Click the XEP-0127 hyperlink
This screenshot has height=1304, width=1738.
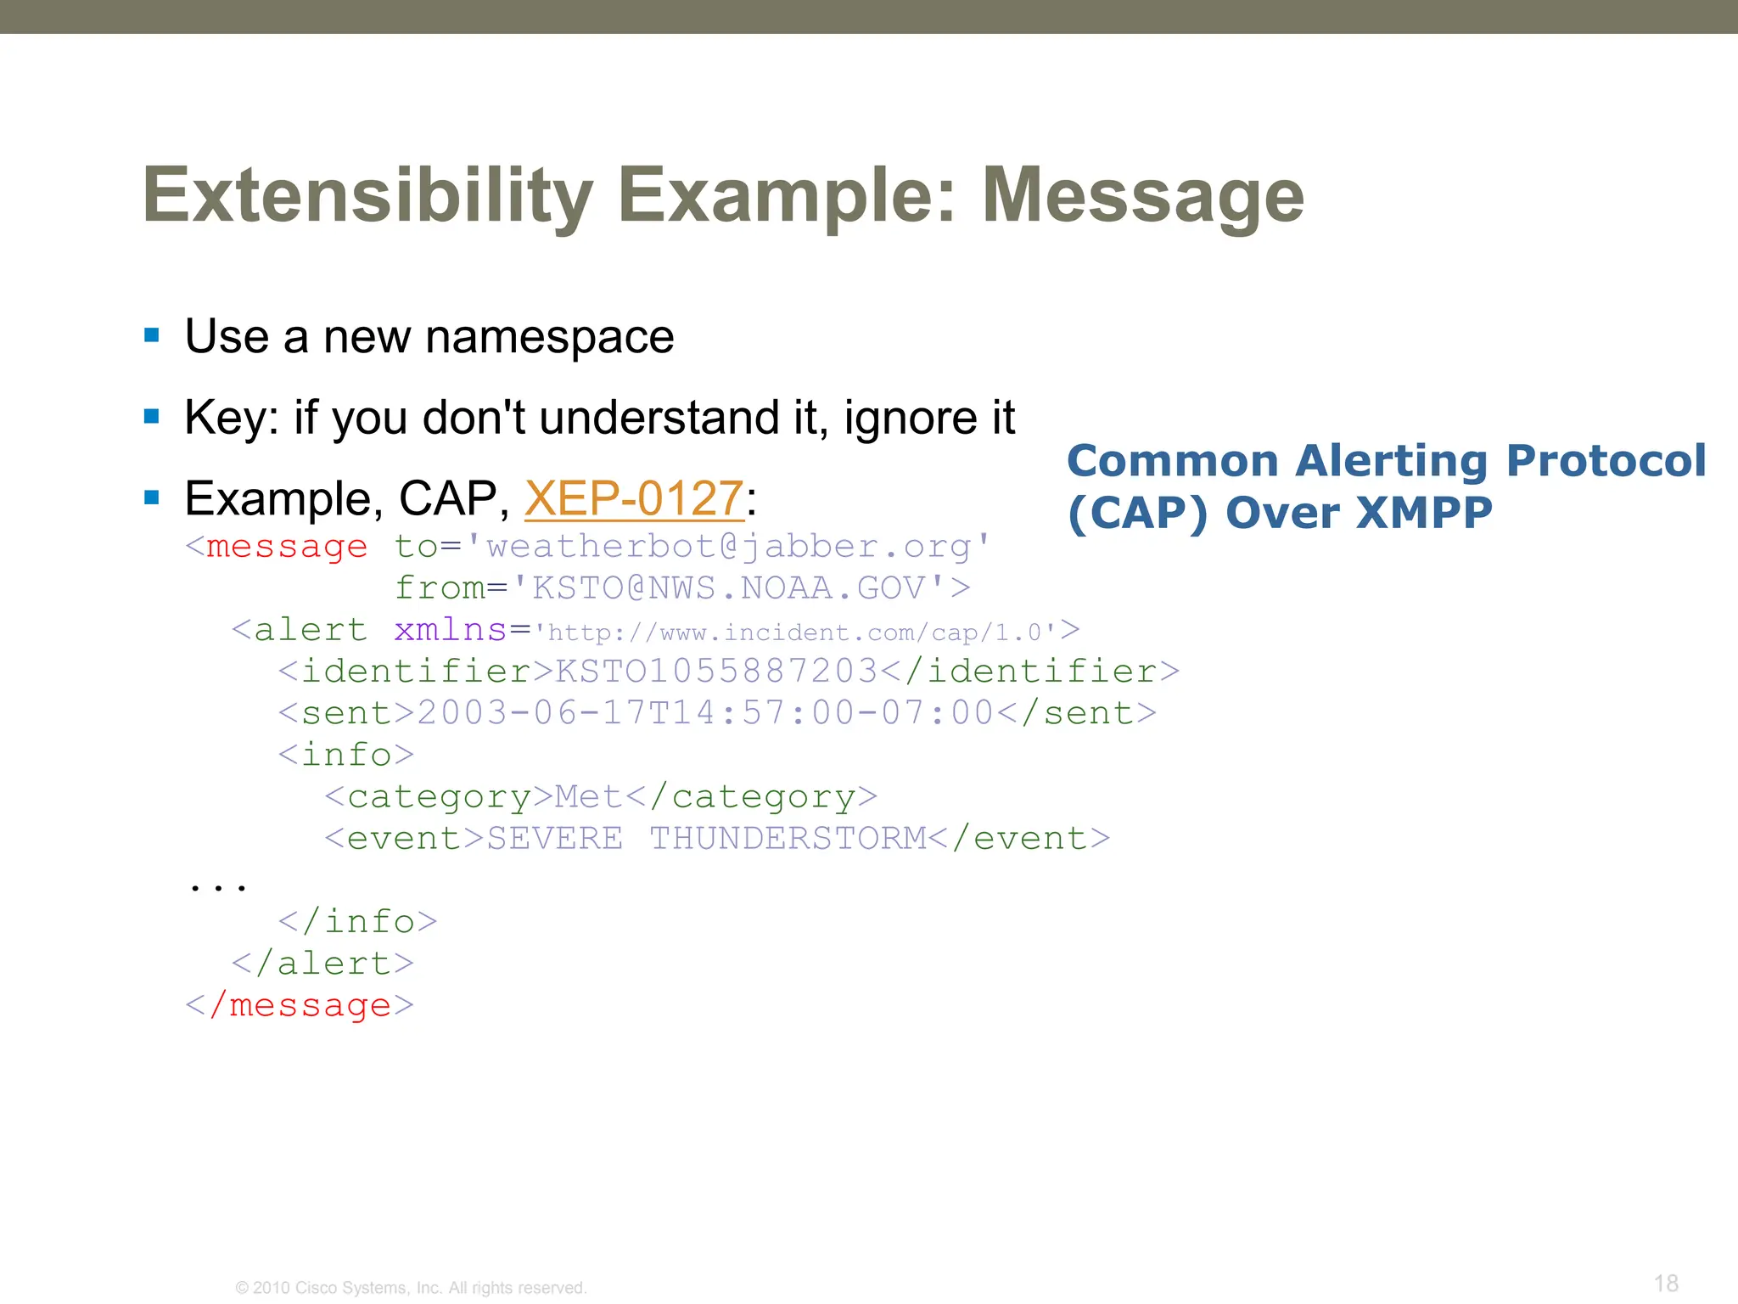point(634,498)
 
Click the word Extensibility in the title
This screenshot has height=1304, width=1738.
point(367,196)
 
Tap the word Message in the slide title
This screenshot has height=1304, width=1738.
point(1142,196)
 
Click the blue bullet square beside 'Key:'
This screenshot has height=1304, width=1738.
point(152,417)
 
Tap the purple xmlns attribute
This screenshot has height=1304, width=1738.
point(450,630)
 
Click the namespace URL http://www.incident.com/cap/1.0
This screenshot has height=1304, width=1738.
point(794,632)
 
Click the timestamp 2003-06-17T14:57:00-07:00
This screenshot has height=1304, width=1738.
point(704,712)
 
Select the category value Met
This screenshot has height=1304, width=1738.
point(588,796)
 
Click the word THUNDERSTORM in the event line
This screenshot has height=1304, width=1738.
point(788,838)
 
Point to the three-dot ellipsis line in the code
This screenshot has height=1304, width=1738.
point(218,886)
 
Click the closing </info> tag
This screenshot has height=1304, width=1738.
point(357,921)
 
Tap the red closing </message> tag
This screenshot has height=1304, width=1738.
point(300,1005)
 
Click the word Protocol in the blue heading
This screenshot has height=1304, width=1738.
point(1605,461)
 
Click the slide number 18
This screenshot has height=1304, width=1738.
point(1666,1283)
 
